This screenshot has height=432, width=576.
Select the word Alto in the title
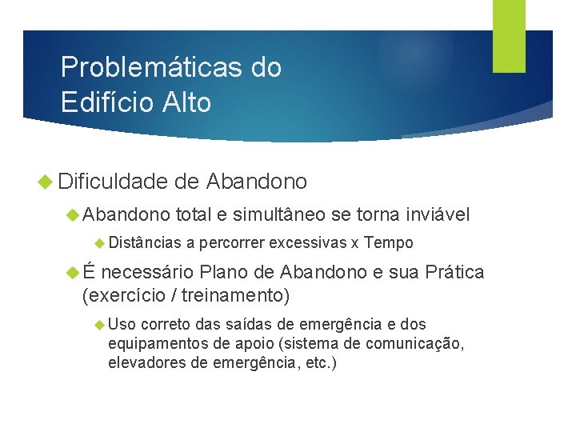[x=186, y=102]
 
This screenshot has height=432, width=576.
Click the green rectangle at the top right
[x=509, y=35]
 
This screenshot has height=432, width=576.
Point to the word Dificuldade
[x=111, y=182]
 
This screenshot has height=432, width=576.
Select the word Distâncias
[x=146, y=243]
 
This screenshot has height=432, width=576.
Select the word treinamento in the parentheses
[x=233, y=295]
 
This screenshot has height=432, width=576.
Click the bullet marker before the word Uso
[x=99, y=325]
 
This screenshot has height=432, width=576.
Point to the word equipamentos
[x=155, y=344]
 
